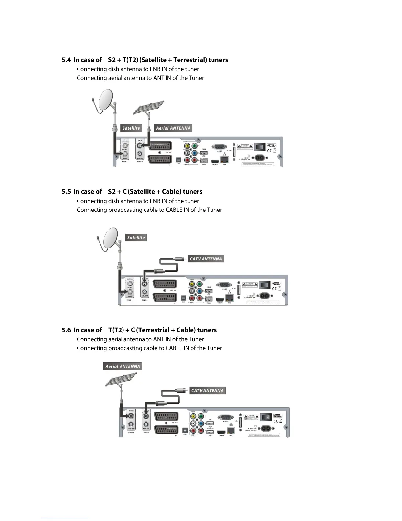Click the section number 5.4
click(x=66, y=60)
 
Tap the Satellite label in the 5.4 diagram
click(x=131, y=128)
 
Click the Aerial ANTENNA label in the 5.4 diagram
click(x=173, y=128)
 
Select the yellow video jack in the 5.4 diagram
click(x=187, y=146)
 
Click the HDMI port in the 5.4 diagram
click(x=215, y=161)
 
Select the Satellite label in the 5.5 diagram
click(x=136, y=237)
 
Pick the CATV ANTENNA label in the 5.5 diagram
click(x=206, y=259)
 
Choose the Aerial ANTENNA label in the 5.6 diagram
click(x=123, y=366)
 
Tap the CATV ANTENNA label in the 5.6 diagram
click(x=208, y=391)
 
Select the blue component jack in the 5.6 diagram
click(x=201, y=424)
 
